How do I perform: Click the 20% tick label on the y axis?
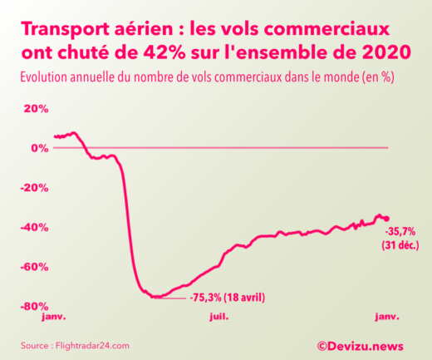pyautogui.click(x=36, y=109)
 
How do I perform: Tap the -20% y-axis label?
pyautogui.click(x=34, y=188)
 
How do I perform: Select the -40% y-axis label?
pyautogui.click(x=34, y=227)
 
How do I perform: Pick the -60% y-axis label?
pyautogui.click(x=34, y=267)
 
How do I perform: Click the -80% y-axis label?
pyautogui.click(x=34, y=306)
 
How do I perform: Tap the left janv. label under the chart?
pyautogui.click(x=53, y=317)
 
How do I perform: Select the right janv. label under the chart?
pyautogui.click(x=386, y=317)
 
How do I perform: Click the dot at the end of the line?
pyautogui.click(x=386, y=219)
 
